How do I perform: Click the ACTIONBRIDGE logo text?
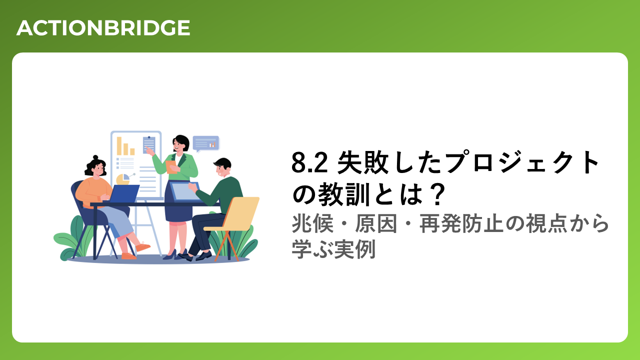[103, 28]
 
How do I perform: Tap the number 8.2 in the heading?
[309, 162]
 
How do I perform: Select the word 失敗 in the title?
[363, 162]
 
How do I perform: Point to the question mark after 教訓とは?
[437, 194]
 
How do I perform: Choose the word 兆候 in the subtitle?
[312, 223]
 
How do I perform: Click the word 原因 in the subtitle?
[376, 223]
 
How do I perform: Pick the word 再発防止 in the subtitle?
[461, 223]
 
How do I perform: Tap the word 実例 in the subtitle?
[355, 249]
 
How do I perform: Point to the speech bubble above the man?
[205, 143]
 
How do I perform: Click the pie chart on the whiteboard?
[123, 179]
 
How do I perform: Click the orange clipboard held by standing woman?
[171, 167]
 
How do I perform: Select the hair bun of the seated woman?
[95, 157]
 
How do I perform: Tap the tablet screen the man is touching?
[184, 191]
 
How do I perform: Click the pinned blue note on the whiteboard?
[149, 145]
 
